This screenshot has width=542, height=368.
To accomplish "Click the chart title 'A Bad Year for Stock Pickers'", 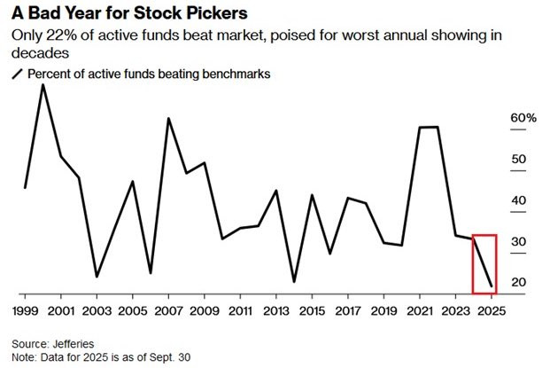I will pyautogui.click(x=123, y=15).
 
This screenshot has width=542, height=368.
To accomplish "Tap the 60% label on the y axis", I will pyautogui.click(x=523, y=118).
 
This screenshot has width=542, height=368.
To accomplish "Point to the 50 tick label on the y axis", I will pyautogui.click(x=519, y=160).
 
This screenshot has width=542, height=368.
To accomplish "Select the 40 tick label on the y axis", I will pyautogui.click(x=519, y=200).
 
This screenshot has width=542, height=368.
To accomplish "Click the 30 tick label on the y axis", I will pyautogui.click(x=519, y=242).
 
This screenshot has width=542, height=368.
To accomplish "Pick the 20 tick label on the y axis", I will pyautogui.click(x=519, y=283).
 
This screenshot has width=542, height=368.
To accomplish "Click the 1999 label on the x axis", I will pyautogui.click(x=25, y=311).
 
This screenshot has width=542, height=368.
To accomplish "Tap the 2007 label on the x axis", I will pyautogui.click(x=168, y=311).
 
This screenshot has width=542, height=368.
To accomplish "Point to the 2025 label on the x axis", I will pyautogui.click(x=492, y=311).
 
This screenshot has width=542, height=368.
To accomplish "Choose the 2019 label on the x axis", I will pyautogui.click(x=383, y=311).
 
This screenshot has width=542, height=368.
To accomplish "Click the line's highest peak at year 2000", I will pyautogui.click(x=43, y=84).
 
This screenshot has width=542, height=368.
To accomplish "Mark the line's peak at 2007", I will pyautogui.click(x=168, y=118).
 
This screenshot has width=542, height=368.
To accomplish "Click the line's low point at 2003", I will pyautogui.click(x=97, y=277).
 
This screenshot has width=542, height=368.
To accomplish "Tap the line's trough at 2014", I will pyautogui.click(x=293, y=282).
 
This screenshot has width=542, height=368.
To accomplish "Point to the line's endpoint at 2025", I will pyautogui.click(x=492, y=286).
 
